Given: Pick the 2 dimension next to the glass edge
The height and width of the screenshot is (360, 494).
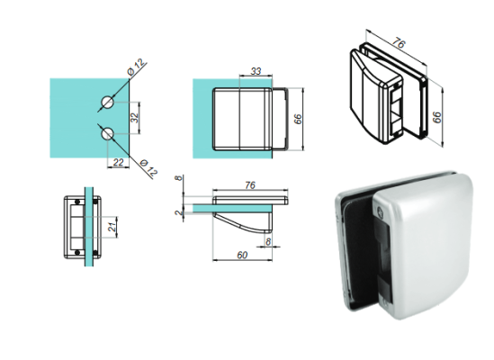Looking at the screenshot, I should (x=180, y=213).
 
